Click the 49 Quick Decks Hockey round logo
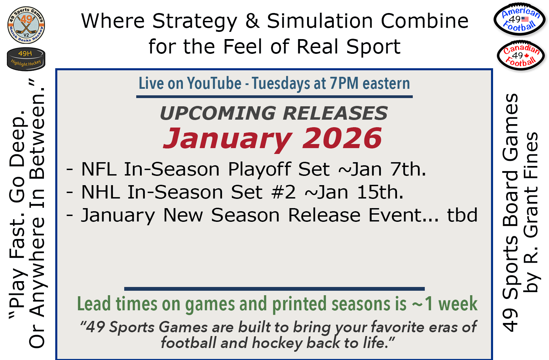[x=26, y=25]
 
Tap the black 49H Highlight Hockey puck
[x=26, y=59]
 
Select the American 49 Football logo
[x=520, y=20]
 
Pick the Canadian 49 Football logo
[x=521, y=56]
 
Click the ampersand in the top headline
[x=252, y=21]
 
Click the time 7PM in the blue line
[x=344, y=83]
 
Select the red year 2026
[x=342, y=139]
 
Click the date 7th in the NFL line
[x=408, y=169]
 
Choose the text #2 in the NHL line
[x=283, y=192]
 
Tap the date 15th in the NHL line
[x=380, y=192]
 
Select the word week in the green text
[x=458, y=304]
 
